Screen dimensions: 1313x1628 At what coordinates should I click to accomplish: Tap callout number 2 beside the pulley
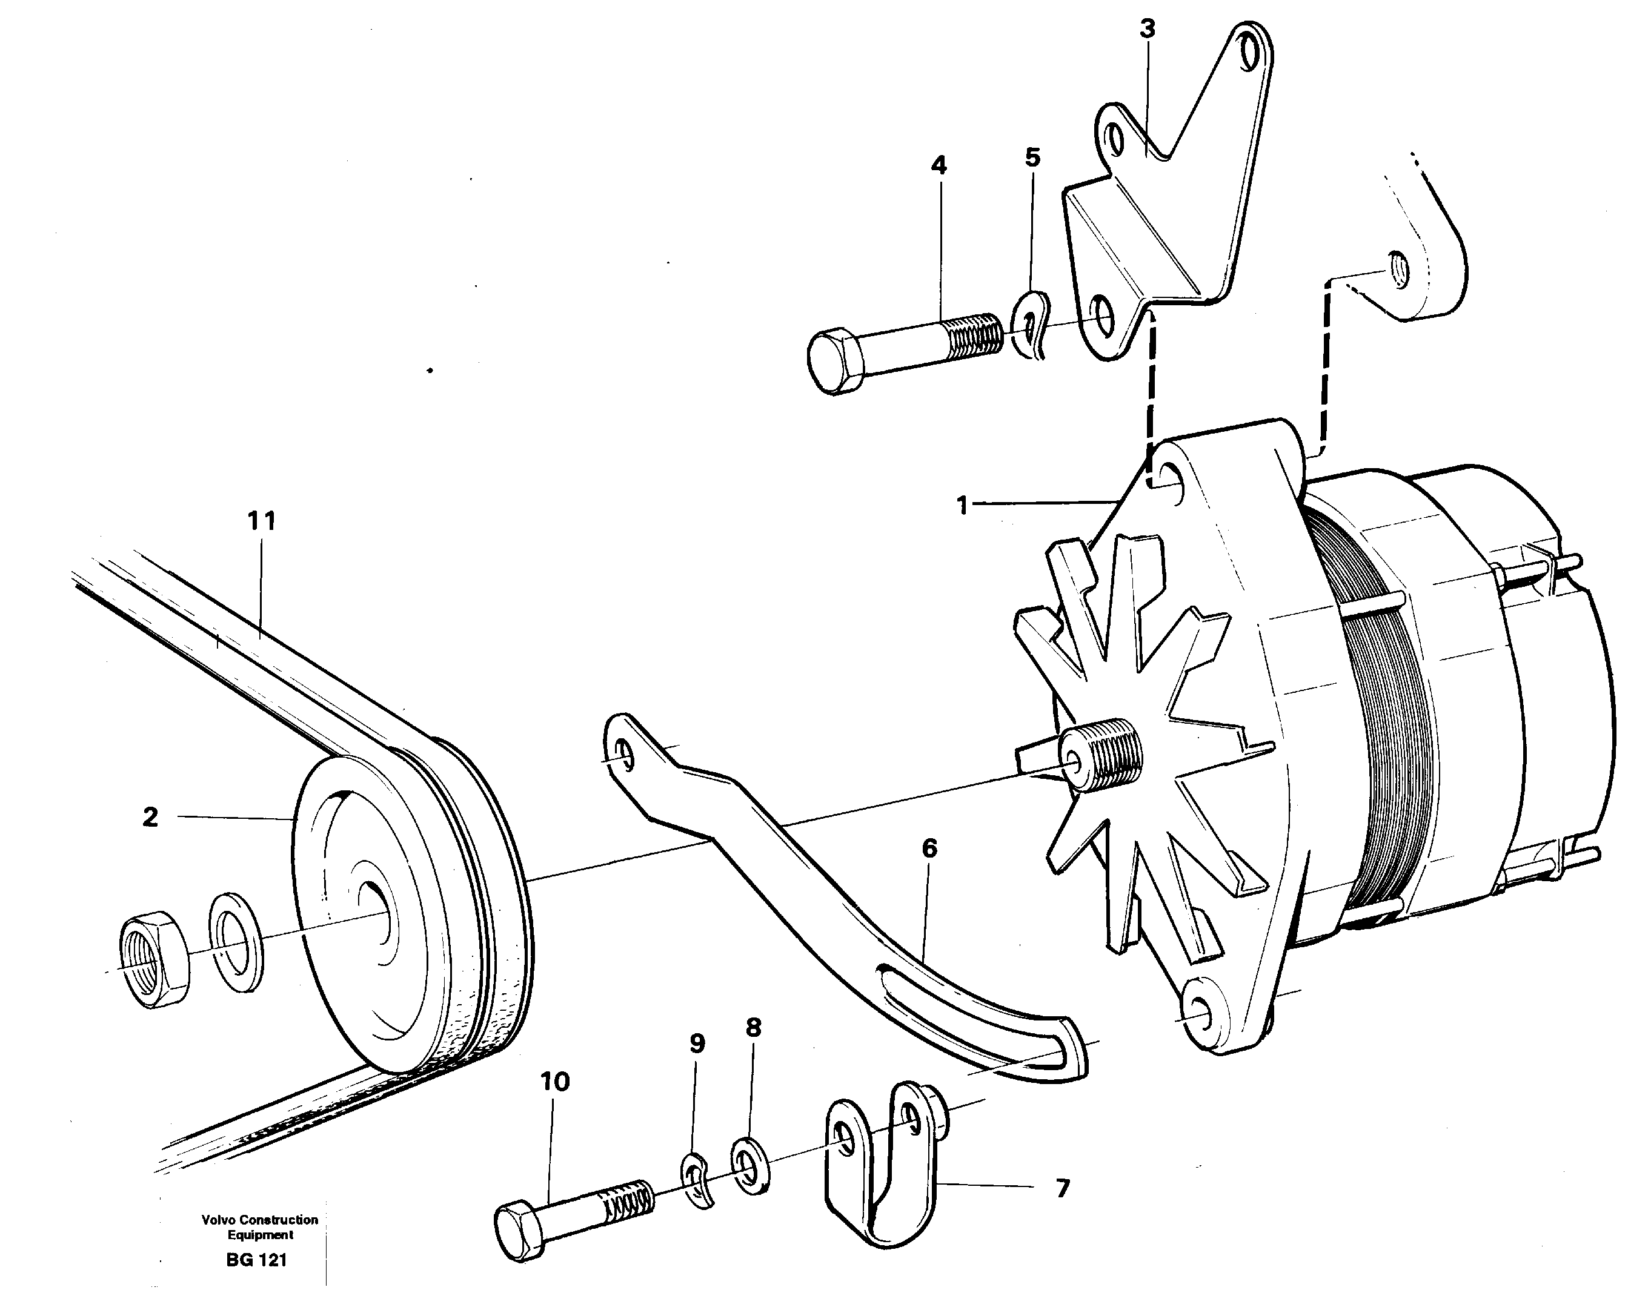point(150,817)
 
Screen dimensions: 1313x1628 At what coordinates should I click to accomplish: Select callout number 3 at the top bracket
point(1147,30)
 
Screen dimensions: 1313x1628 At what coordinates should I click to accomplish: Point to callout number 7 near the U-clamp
point(1062,1189)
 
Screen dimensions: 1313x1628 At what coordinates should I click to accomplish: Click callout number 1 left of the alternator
point(962,505)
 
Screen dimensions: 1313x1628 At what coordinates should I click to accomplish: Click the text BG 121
point(256,1260)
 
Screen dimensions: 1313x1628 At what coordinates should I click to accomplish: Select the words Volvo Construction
point(259,1220)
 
